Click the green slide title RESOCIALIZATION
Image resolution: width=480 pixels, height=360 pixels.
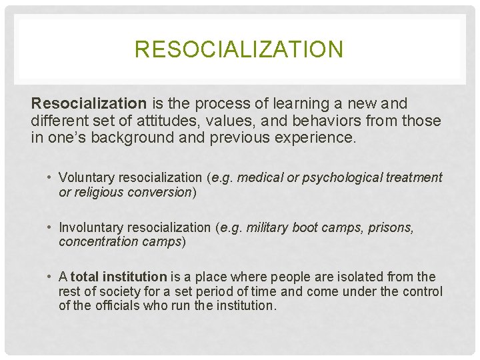pyautogui.click(x=239, y=49)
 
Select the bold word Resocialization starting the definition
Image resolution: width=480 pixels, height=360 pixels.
pyautogui.click(x=89, y=104)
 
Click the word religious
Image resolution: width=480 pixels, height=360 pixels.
pyautogui.click(x=97, y=192)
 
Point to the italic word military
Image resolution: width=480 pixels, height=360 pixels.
pyautogui.click(x=269, y=227)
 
